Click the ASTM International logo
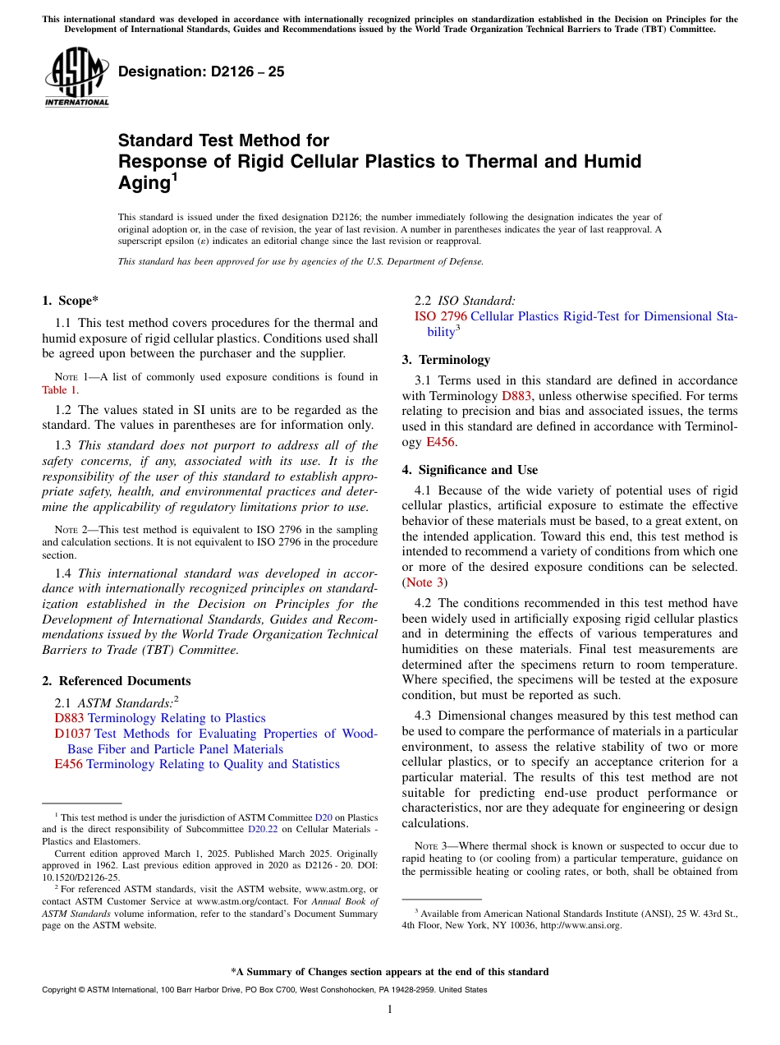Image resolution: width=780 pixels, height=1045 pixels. pyautogui.click(x=76, y=76)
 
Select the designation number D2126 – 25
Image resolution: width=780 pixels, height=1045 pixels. pyautogui.click(x=201, y=71)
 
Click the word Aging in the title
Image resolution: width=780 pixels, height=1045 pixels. pyautogui.click(x=144, y=183)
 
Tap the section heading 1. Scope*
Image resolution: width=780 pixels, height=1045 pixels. pyautogui.click(x=71, y=301)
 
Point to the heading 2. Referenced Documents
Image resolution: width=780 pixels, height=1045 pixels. pyautogui.click(x=116, y=681)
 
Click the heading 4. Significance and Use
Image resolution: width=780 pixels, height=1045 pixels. pyautogui.click(x=470, y=470)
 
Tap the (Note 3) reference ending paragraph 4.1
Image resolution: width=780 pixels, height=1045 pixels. pyautogui.click(x=424, y=582)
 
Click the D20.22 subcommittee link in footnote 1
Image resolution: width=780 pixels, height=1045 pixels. pyautogui.click(x=260, y=830)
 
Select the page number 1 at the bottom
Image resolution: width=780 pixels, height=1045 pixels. pyautogui.click(x=390, y=1010)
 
